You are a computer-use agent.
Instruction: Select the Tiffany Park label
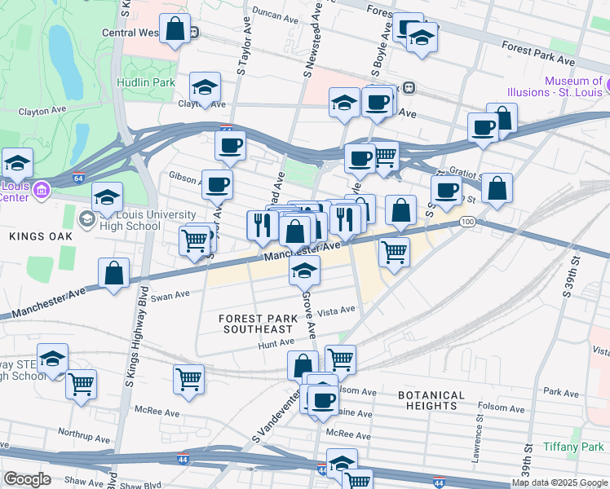(574, 447)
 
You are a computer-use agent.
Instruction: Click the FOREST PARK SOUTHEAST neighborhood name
(255, 323)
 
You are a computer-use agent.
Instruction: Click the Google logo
(27, 479)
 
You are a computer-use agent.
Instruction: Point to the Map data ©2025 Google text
(559, 482)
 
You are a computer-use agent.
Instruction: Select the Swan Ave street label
(170, 296)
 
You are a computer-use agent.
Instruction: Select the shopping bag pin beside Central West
(175, 29)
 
